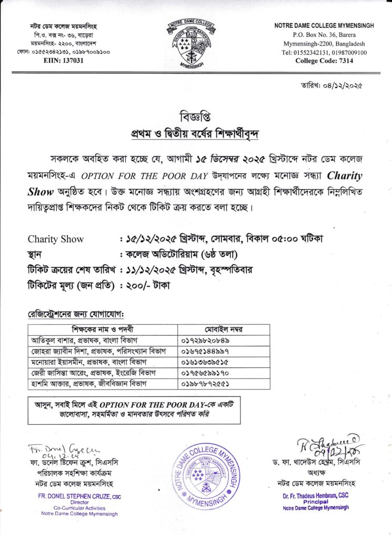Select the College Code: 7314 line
point(324,61)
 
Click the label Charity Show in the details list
point(55,239)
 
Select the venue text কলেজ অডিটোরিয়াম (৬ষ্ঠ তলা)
point(178,255)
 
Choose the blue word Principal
point(316,502)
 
